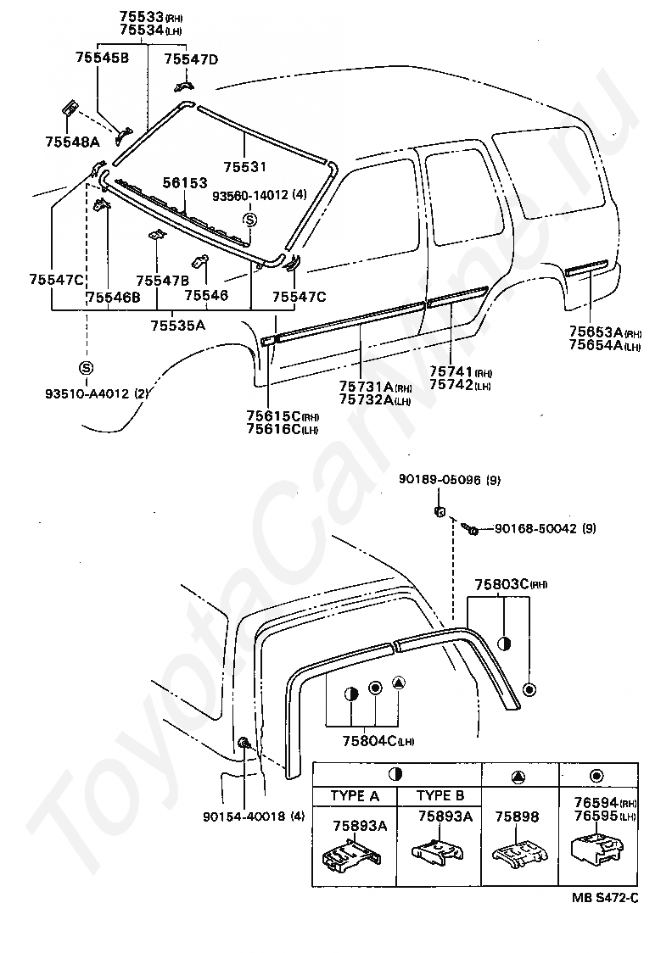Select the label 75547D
tap(191, 59)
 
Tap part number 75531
tap(244, 167)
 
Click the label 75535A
tap(178, 325)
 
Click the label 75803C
tap(501, 584)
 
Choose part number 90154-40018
tap(244, 817)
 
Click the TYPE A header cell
tap(355, 796)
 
